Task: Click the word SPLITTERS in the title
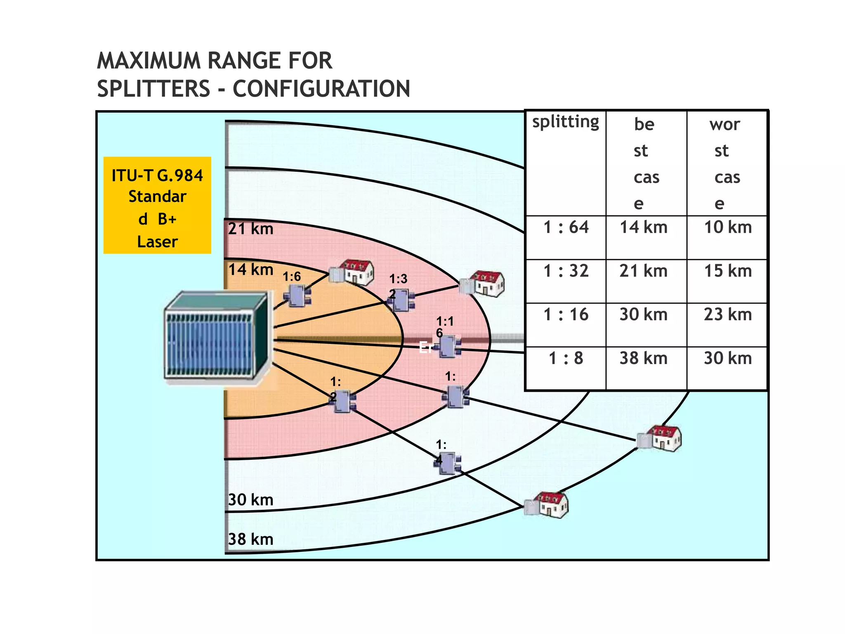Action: point(153,89)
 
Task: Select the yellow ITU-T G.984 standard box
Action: point(157,205)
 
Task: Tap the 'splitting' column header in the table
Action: point(565,122)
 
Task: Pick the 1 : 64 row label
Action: point(566,227)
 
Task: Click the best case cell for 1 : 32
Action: point(643,271)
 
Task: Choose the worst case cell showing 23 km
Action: point(727,315)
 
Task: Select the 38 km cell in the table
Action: point(643,358)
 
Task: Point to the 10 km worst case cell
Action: point(727,227)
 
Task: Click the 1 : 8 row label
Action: point(566,358)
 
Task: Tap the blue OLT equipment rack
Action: point(217,336)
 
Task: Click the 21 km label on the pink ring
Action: point(250,229)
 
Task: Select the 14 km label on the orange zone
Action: point(250,270)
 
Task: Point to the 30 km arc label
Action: point(250,500)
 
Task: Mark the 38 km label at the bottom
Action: point(250,539)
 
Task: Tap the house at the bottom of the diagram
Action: point(547,505)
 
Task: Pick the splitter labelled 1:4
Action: point(448,464)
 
